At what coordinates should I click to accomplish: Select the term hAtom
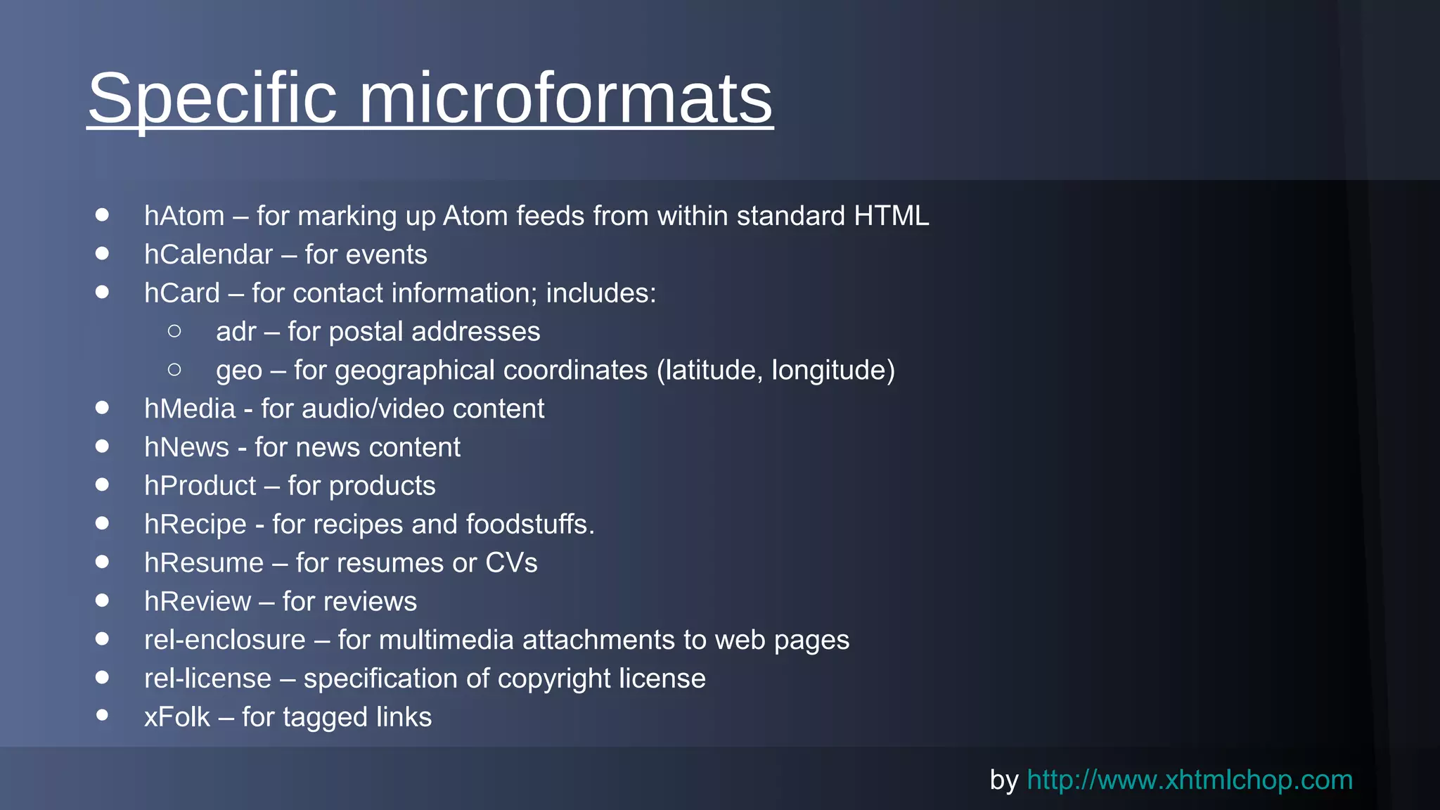(184, 216)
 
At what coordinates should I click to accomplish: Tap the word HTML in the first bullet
(891, 216)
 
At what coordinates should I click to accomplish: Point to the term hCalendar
(208, 255)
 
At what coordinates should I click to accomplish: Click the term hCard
(182, 293)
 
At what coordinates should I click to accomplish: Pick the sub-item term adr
(236, 332)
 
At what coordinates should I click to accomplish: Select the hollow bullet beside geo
(175, 369)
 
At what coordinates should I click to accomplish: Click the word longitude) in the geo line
(833, 371)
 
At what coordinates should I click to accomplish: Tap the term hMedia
(190, 409)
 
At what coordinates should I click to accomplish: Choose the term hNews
(186, 447)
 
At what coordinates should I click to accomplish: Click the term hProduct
(200, 486)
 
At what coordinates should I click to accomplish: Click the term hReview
(198, 602)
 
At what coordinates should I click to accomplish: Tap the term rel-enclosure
(225, 640)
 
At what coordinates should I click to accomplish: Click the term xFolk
(177, 717)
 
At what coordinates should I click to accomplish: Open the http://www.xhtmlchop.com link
(1190, 780)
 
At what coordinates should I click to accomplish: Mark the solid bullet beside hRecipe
(103, 523)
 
